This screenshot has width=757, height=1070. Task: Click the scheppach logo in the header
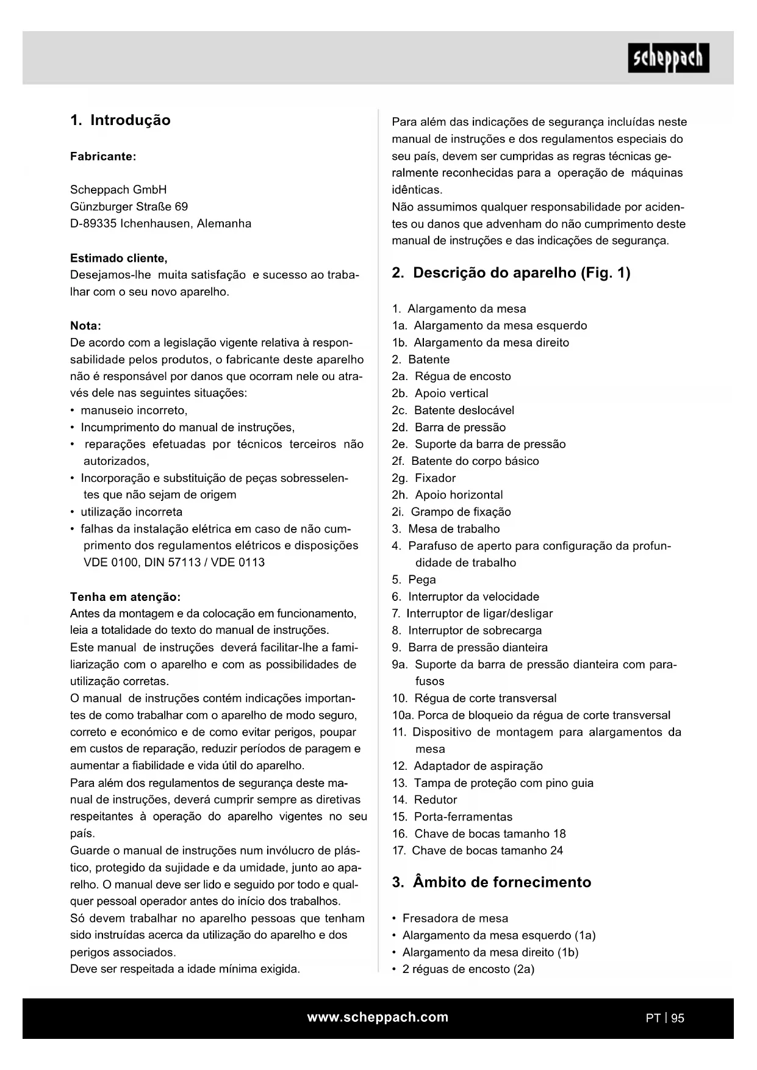[x=668, y=59]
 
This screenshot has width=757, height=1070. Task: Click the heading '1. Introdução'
[x=120, y=120]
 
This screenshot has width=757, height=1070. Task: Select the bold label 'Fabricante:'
[x=103, y=156]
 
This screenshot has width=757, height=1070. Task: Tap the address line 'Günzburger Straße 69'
[x=129, y=207]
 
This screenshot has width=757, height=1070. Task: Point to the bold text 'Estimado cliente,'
[x=119, y=258]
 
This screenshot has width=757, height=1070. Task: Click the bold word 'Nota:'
[x=86, y=326]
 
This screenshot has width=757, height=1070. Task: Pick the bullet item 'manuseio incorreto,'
[x=134, y=411]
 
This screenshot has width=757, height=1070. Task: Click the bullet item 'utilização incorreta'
[x=131, y=512]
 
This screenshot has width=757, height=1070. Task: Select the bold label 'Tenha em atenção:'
[x=125, y=597]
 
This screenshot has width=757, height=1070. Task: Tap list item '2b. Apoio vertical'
[x=440, y=393]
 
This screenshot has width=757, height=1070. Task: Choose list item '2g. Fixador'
[x=424, y=478]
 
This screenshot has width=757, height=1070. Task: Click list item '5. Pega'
[x=414, y=580]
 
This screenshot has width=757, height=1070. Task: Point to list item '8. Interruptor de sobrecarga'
[x=467, y=631]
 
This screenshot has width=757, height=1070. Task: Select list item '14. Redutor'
[x=425, y=800]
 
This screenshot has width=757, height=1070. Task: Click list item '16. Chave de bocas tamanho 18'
[x=479, y=834]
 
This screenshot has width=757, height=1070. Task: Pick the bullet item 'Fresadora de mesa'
[x=455, y=918]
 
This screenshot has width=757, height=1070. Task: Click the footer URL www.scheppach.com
[x=378, y=1017]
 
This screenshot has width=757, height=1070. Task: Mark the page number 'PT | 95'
[x=665, y=1018]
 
